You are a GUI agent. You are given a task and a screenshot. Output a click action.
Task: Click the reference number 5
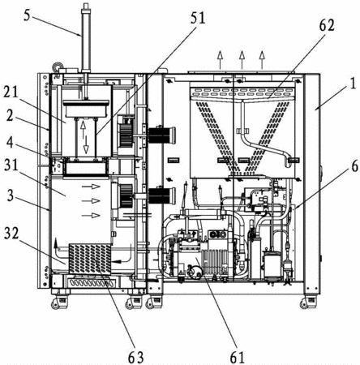coord(27,15)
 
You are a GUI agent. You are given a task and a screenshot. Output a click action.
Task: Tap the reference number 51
coord(198,18)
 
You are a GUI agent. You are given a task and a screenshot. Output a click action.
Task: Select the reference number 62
coord(327,26)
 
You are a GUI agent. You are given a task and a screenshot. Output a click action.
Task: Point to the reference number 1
coord(353,84)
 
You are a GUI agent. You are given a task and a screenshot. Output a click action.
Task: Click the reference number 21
coord(11,92)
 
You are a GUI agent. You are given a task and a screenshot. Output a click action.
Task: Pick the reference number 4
coord(10,143)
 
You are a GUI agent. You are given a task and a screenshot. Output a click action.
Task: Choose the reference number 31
coord(11,165)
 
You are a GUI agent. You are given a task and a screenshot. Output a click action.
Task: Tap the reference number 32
coord(11,233)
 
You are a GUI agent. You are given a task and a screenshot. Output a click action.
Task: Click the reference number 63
coord(135,358)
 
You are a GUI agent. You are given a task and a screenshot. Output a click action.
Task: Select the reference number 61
coord(237,358)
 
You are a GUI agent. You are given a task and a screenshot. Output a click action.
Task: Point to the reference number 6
coord(355,165)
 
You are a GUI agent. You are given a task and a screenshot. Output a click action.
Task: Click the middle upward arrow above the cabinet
coord(242,59)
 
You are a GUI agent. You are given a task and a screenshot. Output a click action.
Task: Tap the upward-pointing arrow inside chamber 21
coord(83,130)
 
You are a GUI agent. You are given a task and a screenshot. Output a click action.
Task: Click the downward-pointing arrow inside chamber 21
coord(86,144)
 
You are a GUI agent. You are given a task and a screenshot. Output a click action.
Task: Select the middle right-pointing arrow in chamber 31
coord(91,201)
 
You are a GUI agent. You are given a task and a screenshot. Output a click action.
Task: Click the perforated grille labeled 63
coord(90,259)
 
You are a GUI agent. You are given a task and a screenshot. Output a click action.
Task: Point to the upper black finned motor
coord(161,135)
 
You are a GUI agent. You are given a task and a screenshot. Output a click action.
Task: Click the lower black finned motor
coord(161,195)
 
